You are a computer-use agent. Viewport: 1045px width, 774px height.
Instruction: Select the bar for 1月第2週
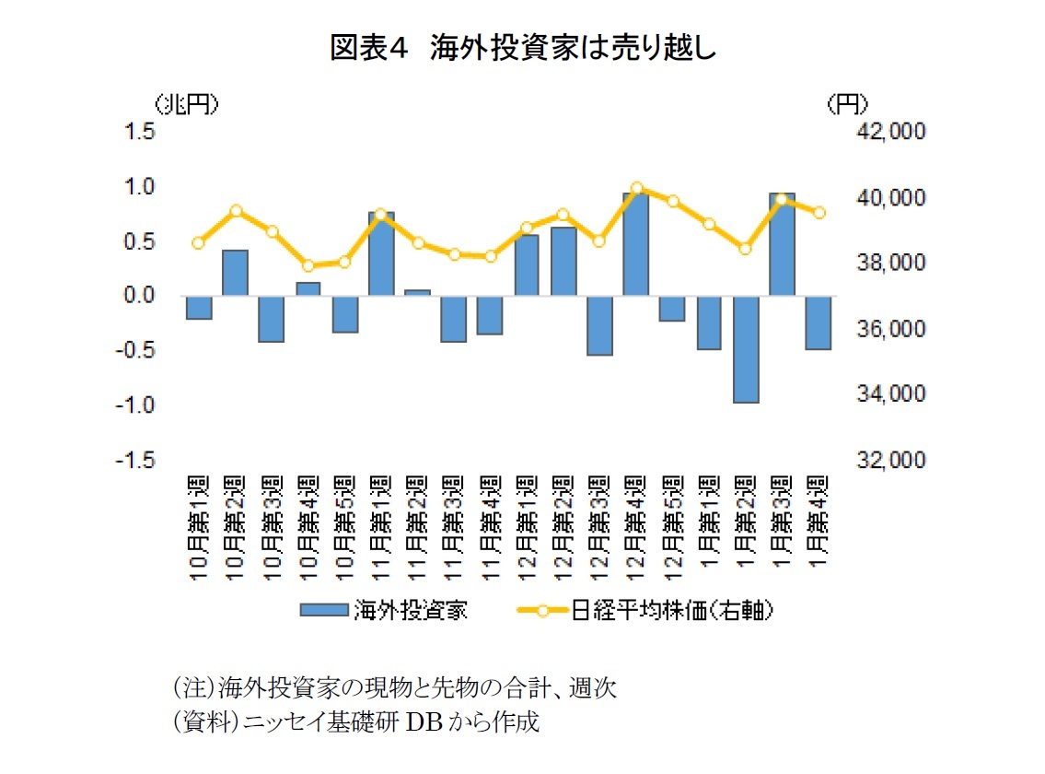[x=746, y=349]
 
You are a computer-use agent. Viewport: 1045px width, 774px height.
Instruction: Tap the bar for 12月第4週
[x=636, y=244]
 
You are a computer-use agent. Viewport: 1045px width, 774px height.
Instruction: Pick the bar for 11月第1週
[x=381, y=254]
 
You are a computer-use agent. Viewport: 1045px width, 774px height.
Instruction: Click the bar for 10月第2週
[x=235, y=273]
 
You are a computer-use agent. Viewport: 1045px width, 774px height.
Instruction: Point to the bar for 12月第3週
[x=600, y=325]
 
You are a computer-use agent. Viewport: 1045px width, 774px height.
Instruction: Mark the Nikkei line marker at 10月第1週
[x=198, y=243]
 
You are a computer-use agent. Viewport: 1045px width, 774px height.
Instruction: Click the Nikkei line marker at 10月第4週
[x=308, y=266]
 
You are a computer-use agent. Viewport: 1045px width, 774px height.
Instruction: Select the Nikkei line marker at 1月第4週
[x=819, y=213]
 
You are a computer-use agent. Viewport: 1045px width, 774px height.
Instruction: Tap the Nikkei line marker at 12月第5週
[x=673, y=201]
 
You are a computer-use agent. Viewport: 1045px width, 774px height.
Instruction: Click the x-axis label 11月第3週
[x=455, y=528]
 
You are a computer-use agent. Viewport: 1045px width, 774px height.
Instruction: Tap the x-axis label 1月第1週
[x=710, y=528]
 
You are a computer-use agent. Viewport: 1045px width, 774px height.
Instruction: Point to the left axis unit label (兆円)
[x=187, y=105]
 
